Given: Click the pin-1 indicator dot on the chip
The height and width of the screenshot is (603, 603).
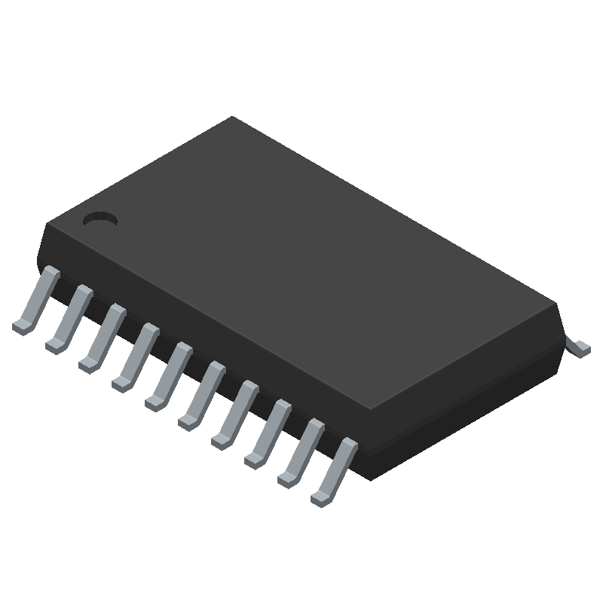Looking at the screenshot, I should (x=100, y=219).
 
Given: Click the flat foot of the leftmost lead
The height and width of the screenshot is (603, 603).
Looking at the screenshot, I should (x=22, y=326).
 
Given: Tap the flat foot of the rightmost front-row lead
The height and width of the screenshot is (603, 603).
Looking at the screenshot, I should (x=320, y=498).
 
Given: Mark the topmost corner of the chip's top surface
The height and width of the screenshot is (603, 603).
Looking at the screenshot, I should (x=232, y=118).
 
